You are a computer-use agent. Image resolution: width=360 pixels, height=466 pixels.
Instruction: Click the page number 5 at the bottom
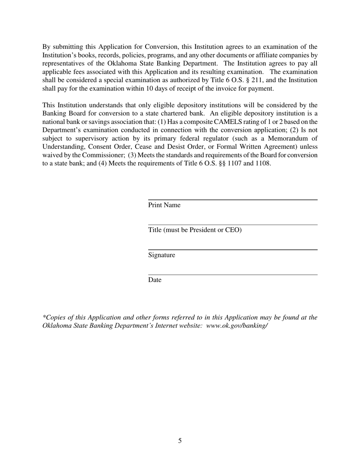[180, 441]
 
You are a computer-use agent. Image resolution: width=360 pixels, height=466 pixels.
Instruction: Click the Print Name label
[164, 205]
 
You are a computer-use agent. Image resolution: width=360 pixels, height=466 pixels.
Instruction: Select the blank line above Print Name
[232, 199]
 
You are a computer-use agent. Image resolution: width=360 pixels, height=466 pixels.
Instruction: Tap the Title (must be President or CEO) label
[194, 230]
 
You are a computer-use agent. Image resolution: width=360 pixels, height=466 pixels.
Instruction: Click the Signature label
[161, 255]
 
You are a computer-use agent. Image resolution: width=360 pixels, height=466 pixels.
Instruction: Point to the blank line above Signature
[232, 250]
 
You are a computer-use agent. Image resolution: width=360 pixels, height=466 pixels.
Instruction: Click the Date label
[155, 280]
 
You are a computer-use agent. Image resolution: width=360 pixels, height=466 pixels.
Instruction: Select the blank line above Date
[232, 275]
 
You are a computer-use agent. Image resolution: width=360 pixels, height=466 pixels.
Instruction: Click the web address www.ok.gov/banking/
[237, 325]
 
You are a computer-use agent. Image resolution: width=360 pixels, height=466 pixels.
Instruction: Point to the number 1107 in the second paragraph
[232, 163]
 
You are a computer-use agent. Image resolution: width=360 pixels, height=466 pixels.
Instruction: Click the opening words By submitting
[62, 47]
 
